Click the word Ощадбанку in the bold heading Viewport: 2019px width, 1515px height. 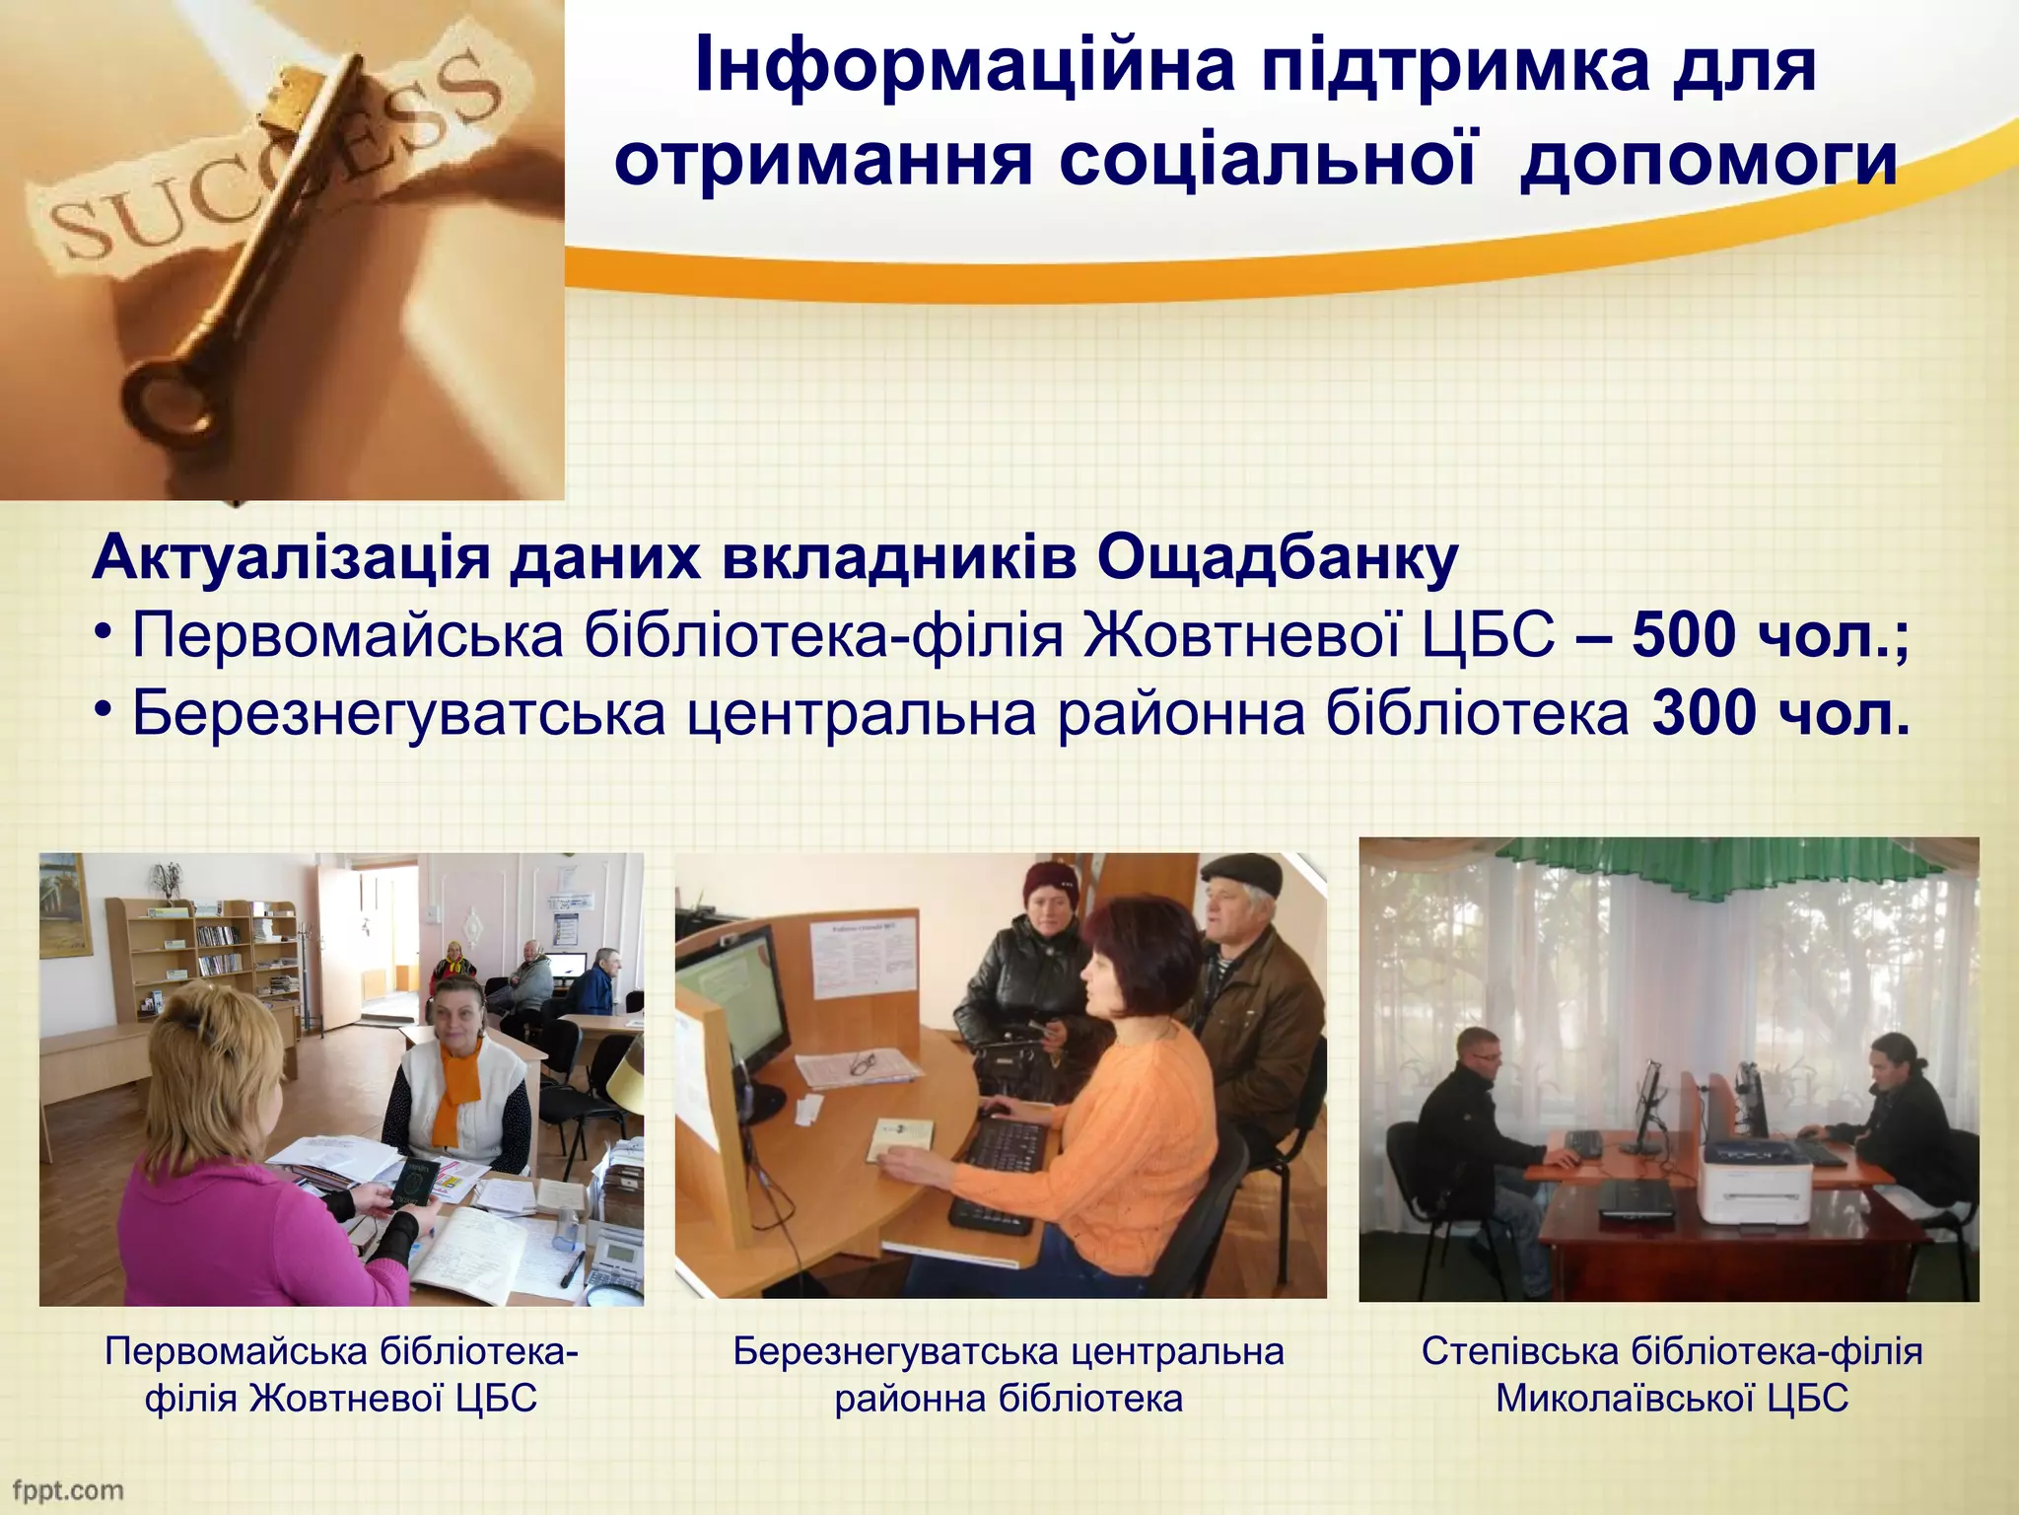1277,558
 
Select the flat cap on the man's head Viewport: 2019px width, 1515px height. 1241,873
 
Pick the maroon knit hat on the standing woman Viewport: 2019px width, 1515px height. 1051,882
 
